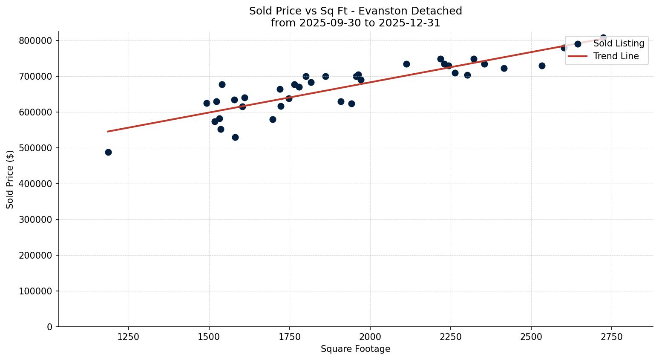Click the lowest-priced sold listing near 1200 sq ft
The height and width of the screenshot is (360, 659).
pyautogui.click(x=108, y=152)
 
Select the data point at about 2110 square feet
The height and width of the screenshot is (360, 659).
pyautogui.click(x=406, y=64)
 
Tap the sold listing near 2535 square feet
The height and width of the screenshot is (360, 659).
pyautogui.click(x=542, y=66)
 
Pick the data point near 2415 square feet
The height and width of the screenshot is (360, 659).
pyautogui.click(x=504, y=68)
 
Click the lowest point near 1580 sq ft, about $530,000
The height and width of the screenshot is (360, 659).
pyautogui.click(x=235, y=137)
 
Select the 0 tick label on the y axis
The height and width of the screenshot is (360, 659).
pyautogui.click(x=50, y=327)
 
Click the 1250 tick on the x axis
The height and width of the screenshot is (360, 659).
pyautogui.click(x=129, y=337)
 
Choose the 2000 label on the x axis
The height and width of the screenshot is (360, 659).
pyautogui.click(x=370, y=337)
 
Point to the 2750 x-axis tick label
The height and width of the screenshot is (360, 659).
pyautogui.click(x=612, y=337)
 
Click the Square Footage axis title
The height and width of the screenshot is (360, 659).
pyautogui.click(x=355, y=349)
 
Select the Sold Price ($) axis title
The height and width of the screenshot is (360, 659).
pyautogui.click(x=10, y=179)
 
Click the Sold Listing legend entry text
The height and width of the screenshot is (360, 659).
pyautogui.click(x=619, y=43)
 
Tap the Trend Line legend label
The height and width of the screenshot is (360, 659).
pyautogui.click(x=616, y=56)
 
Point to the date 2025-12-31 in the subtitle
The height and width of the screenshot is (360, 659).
pyautogui.click(x=412, y=23)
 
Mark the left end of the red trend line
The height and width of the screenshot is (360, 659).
pyautogui.click(x=108, y=131)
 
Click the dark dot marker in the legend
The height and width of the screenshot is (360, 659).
pyautogui.click(x=578, y=44)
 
